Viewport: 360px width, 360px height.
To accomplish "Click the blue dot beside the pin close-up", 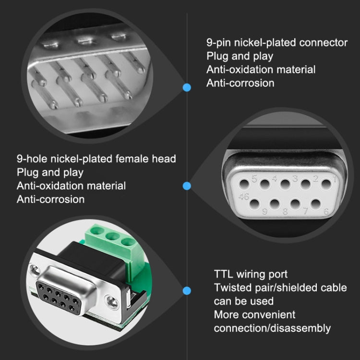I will coord(187,87).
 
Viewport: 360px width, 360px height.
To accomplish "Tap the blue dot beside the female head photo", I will coord(187,186).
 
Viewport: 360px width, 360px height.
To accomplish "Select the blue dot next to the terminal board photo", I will coord(187,290).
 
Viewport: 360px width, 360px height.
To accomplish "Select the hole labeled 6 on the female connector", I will coord(316,203).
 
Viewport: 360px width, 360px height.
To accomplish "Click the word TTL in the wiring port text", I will coord(224,274).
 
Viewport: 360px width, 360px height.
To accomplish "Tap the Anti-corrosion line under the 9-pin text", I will coord(240,83).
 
